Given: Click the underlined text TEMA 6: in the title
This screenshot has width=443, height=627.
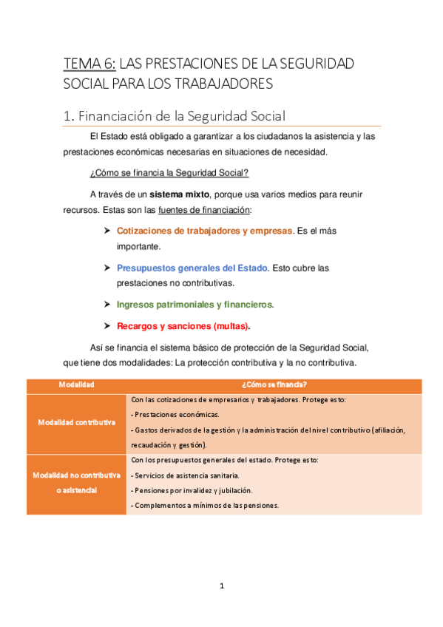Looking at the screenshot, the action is [89, 64].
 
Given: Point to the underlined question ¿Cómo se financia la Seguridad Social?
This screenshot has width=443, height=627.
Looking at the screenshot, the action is [169, 173].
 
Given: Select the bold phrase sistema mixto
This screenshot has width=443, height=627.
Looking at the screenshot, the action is [180, 194].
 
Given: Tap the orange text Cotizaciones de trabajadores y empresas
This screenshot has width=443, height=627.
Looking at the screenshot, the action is [205, 231].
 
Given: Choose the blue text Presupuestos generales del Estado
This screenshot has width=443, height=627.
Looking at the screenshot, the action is [192, 268].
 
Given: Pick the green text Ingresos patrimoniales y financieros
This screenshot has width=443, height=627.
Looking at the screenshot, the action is [195, 304].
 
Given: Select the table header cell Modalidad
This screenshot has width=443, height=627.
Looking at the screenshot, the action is [76, 384].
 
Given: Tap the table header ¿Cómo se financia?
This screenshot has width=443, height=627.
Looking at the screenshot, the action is [274, 384].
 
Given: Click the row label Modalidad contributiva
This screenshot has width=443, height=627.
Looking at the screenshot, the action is [76, 422].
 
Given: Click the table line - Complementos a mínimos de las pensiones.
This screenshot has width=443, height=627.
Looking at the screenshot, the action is [204, 505].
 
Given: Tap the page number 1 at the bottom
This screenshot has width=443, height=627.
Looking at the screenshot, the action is [222, 586].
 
